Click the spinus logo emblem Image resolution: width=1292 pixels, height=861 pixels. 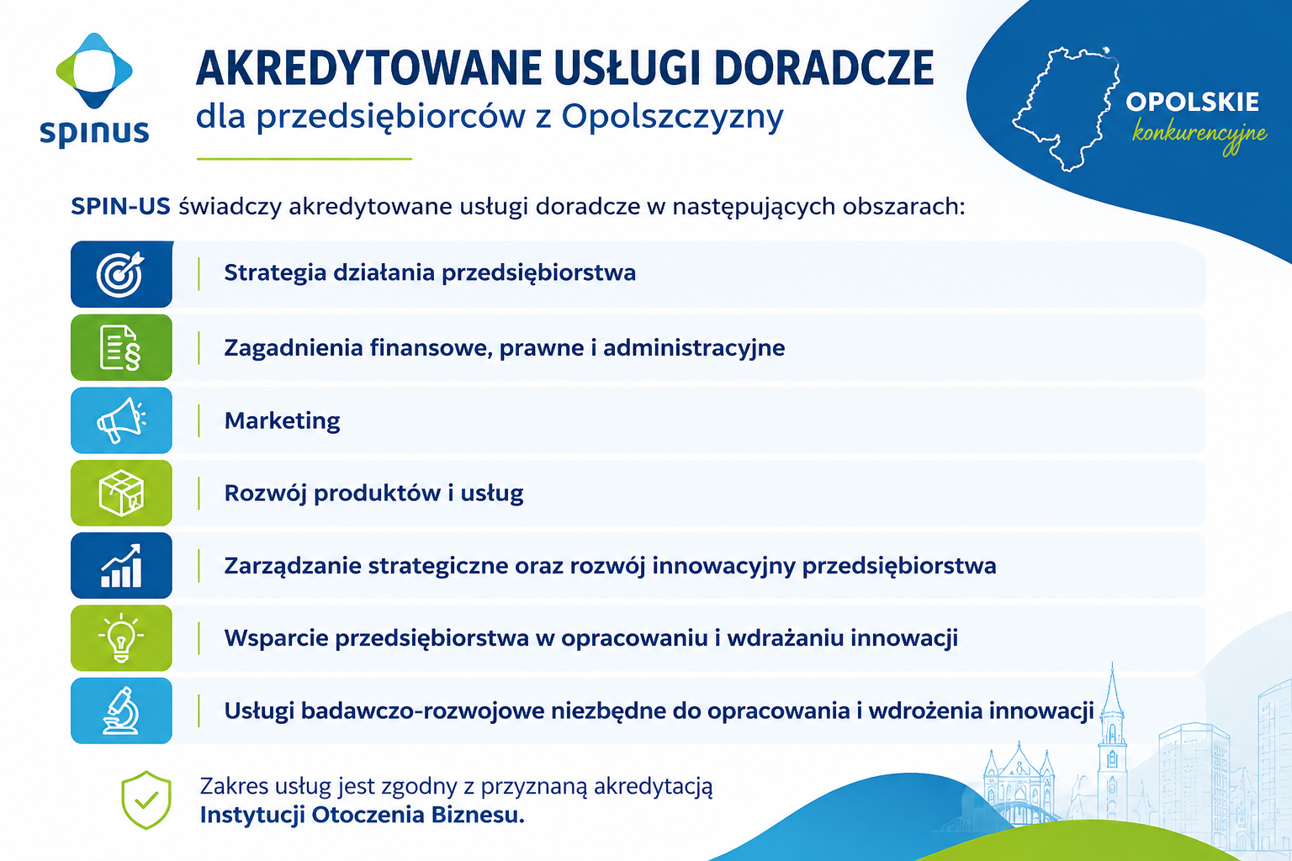[x=94, y=71]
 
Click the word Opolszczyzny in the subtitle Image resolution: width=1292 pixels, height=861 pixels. [x=673, y=117]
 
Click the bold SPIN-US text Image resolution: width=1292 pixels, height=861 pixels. [x=120, y=206]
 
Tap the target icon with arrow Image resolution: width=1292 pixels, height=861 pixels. [x=120, y=274]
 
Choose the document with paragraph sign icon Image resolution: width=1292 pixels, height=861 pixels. [x=120, y=347]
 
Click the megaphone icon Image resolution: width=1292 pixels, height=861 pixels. [x=121, y=420]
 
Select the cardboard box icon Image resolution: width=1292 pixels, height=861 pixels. [x=121, y=493]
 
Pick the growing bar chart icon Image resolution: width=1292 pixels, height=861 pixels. [x=121, y=566]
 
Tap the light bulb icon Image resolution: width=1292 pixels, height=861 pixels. [x=121, y=638]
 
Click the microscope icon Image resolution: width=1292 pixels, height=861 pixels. [x=121, y=710]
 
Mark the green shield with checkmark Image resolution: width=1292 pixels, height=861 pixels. [x=146, y=800]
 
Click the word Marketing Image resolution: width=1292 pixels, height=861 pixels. [x=282, y=420]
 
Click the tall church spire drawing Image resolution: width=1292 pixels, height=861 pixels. [x=1111, y=744]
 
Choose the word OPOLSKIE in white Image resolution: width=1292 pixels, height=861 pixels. [x=1192, y=102]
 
